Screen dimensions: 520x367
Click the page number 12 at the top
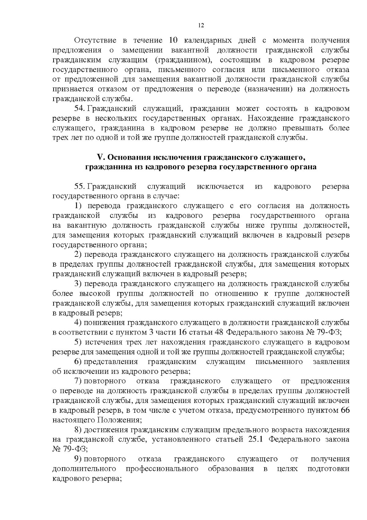click(x=201, y=25)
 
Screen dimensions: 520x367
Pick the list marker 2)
click(x=78, y=254)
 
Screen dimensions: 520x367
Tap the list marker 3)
click(x=78, y=284)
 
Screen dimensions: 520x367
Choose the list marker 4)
click(x=78, y=323)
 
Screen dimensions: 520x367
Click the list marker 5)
click(x=78, y=342)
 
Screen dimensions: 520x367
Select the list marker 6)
click(x=78, y=362)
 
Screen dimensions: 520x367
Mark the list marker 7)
click(x=78, y=381)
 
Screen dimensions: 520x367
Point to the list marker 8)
click(x=78, y=430)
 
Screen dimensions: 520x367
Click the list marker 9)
click(x=78, y=459)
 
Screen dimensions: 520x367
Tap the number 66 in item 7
click(x=345, y=410)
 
